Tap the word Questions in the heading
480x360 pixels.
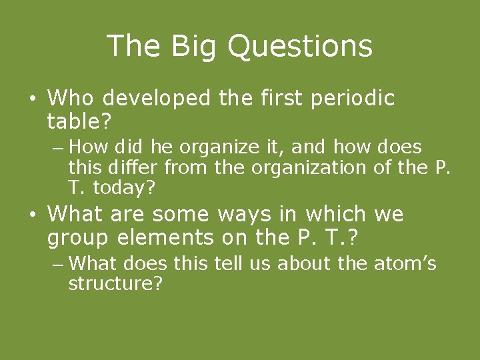[x=299, y=47]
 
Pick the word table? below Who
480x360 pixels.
[x=79, y=121]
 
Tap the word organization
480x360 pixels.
[x=310, y=167]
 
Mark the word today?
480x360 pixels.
[x=124, y=188]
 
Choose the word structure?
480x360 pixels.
[x=116, y=285]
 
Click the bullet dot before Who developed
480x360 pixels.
[x=31, y=100]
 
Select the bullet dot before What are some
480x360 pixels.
[x=31, y=215]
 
